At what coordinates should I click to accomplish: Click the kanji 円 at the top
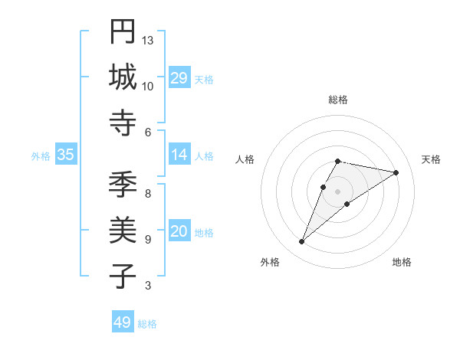click(123, 31)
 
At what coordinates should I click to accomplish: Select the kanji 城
click(123, 77)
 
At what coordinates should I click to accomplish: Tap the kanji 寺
click(123, 123)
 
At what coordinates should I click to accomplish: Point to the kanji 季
click(123, 185)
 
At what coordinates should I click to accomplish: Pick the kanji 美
click(123, 230)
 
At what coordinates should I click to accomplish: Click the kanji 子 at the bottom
click(123, 276)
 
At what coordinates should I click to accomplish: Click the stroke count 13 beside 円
click(148, 40)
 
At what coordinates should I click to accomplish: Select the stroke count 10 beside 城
click(148, 86)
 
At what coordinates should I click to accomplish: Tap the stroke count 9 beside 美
click(148, 239)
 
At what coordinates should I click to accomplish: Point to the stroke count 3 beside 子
click(148, 286)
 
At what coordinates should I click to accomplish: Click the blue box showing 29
click(179, 78)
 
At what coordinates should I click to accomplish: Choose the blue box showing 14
click(179, 155)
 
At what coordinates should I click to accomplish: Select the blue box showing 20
click(179, 231)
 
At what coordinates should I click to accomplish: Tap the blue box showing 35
click(65, 155)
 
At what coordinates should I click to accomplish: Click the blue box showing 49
click(122, 322)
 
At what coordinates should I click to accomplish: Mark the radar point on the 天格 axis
click(396, 172)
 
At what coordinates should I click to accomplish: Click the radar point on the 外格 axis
click(302, 242)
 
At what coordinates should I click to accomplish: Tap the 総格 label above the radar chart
click(337, 100)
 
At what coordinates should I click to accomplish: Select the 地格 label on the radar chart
click(402, 262)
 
